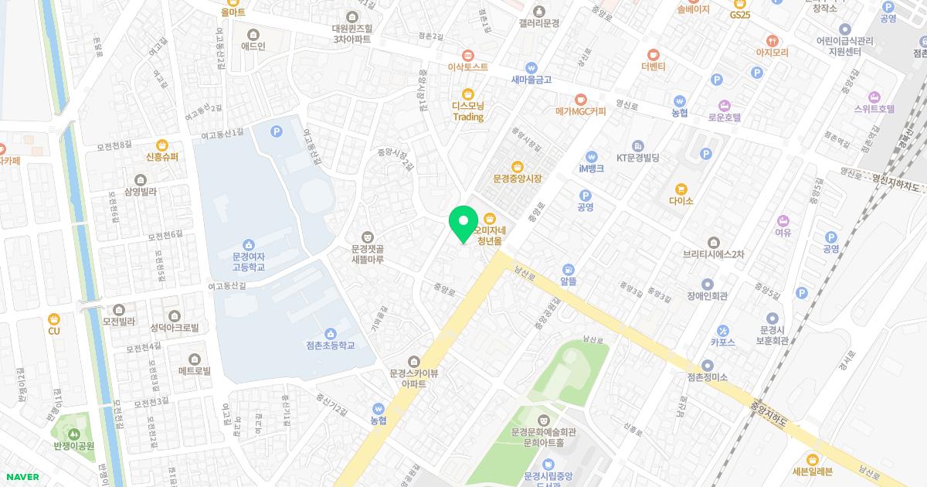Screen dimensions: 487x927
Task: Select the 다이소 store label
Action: [x=681, y=200]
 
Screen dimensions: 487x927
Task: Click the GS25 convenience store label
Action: [x=739, y=15]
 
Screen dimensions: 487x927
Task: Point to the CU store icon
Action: [x=53, y=318]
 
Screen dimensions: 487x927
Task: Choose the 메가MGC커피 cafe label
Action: [x=581, y=111]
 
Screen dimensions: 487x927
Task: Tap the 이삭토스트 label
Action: [x=468, y=66]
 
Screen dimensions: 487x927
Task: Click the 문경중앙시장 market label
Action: [x=517, y=179]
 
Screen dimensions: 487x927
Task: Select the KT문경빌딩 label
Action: [x=637, y=158]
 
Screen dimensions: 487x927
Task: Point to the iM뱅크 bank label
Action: [x=591, y=169]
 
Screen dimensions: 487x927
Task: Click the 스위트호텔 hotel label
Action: [x=874, y=109]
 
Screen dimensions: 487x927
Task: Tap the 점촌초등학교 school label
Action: [x=330, y=345]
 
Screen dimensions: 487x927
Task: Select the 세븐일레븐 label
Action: [x=811, y=471]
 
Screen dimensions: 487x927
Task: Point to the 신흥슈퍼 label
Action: [x=162, y=157]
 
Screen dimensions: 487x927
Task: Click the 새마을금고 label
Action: [x=531, y=79]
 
